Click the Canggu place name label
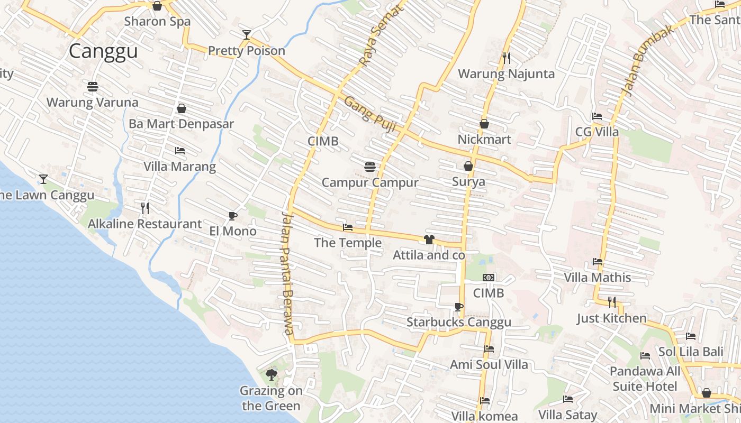tap(103, 51)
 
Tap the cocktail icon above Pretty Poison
tap(246, 35)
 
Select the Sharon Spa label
tap(157, 22)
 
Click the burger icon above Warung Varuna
tap(93, 87)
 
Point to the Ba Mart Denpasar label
tap(182, 124)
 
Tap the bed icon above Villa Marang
tap(180, 151)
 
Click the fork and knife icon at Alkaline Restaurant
tap(145, 208)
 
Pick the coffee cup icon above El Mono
tap(232, 216)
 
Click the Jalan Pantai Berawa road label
tap(287, 273)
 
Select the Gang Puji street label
tap(370, 111)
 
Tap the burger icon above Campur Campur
tap(370, 167)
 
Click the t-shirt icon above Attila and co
tap(429, 240)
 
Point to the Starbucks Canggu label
tap(459, 323)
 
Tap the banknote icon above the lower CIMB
tap(489, 278)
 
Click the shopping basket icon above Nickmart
tap(484, 124)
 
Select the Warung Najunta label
tap(507, 73)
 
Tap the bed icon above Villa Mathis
tap(598, 262)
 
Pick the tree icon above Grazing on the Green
tap(272, 375)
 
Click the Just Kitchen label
tap(612, 318)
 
